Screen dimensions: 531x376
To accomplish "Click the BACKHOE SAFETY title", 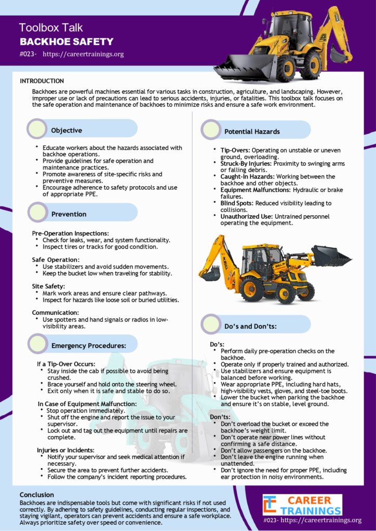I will [66, 41].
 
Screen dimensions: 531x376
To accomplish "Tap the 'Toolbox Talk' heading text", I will [51, 27].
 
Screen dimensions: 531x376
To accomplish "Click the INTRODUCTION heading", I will [42, 81].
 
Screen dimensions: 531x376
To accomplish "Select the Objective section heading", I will [66, 130].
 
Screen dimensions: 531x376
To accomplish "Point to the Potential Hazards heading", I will [252, 132].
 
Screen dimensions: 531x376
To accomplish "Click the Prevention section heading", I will [69, 214].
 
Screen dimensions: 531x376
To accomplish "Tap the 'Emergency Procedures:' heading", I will [89, 345].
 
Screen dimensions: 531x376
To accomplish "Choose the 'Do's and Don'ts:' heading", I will [250, 326].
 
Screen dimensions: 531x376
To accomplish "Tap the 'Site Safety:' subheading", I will [48, 286].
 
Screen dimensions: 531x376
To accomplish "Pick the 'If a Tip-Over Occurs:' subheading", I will [66, 364].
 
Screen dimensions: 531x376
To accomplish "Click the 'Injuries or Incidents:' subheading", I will [65, 450].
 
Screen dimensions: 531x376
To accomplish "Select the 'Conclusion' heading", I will [37, 495].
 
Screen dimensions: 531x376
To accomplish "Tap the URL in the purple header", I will [83, 54].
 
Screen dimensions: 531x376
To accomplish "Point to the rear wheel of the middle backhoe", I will [252, 288].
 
